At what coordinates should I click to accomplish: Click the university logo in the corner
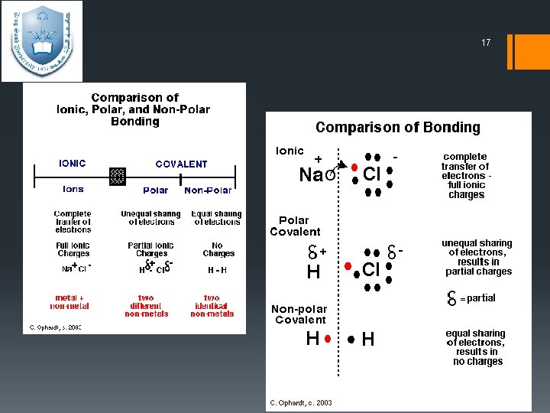(41, 41)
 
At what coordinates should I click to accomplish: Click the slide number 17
(486, 43)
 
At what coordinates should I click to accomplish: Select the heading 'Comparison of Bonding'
(398, 128)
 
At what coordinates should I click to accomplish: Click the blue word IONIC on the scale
(73, 164)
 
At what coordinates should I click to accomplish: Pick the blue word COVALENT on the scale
(181, 164)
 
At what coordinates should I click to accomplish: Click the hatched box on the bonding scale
(117, 177)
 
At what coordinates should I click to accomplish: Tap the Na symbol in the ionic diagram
(311, 175)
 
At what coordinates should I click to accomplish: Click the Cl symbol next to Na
(372, 174)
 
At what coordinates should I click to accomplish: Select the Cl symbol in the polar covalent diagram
(371, 269)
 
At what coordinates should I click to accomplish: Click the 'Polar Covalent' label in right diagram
(295, 226)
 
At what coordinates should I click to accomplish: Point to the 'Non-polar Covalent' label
(299, 314)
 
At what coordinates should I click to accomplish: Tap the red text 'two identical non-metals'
(212, 306)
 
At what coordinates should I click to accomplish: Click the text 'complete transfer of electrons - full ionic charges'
(465, 176)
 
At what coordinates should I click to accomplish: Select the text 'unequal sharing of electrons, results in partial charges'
(477, 257)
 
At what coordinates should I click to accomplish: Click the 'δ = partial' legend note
(471, 298)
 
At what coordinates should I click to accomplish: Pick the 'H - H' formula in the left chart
(217, 270)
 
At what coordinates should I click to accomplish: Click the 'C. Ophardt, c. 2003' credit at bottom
(300, 402)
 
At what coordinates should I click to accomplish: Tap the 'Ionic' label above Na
(290, 151)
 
